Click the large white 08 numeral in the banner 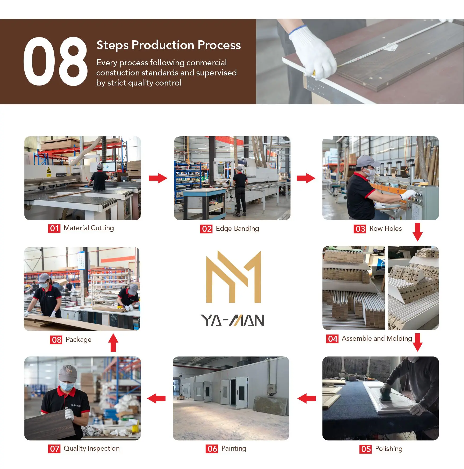pyautogui.click(x=55, y=61)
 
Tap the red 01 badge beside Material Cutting pyautogui.click(x=54, y=228)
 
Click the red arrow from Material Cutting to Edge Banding pyautogui.click(x=158, y=178)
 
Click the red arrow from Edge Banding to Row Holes pyautogui.click(x=306, y=178)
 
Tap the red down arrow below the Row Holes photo pyautogui.click(x=418, y=232)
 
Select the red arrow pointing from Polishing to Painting pyautogui.click(x=307, y=398)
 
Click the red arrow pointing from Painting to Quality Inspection pyautogui.click(x=156, y=398)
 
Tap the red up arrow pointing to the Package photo pyautogui.click(x=113, y=343)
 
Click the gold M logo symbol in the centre pyautogui.click(x=234, y=276)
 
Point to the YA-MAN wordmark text pyautogui.click(x=232, y=320)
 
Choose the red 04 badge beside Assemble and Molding pyautogui.click(x=332, y=339)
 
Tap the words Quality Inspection pyautogui.click(x=92, y=449)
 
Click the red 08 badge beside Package pyautogui.click(x=56, y=340)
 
